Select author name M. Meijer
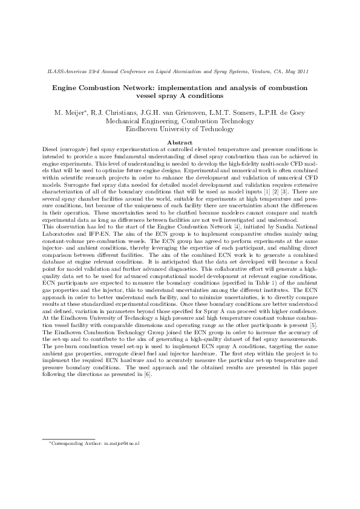(71, 112)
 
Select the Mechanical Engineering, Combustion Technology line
(180, 121)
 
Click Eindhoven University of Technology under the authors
(180, 129)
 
